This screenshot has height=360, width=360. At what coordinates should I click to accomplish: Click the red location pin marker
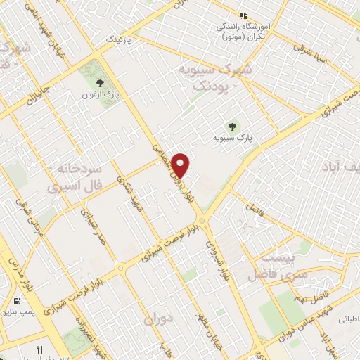[182, 165]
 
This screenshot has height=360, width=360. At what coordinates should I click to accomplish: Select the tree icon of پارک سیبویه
[231, 127]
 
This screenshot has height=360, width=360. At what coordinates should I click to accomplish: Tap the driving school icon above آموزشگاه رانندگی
[243, 15]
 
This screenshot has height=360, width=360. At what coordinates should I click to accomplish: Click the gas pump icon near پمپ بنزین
[16, 303]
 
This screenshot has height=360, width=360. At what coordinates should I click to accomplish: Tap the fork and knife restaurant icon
[40, 349]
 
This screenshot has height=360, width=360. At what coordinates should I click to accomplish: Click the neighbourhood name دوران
[159, 319]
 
